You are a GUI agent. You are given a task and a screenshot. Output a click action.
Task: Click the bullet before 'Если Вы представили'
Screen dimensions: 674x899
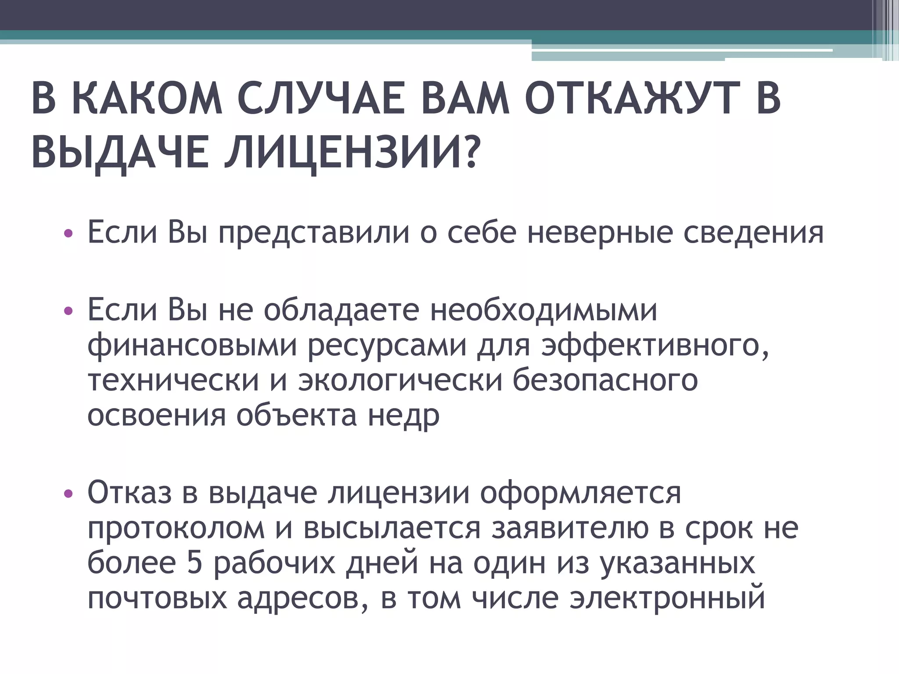pos(67,233)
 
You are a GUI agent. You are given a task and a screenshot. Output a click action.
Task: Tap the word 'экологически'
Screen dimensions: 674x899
pos(400,380)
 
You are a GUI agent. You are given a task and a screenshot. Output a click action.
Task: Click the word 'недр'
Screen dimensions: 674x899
pos(403,415)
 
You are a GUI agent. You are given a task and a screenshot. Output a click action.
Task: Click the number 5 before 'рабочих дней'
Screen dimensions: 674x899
pos(194,563)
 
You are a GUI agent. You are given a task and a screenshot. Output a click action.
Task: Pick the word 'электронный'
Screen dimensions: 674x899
pos(667,598)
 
